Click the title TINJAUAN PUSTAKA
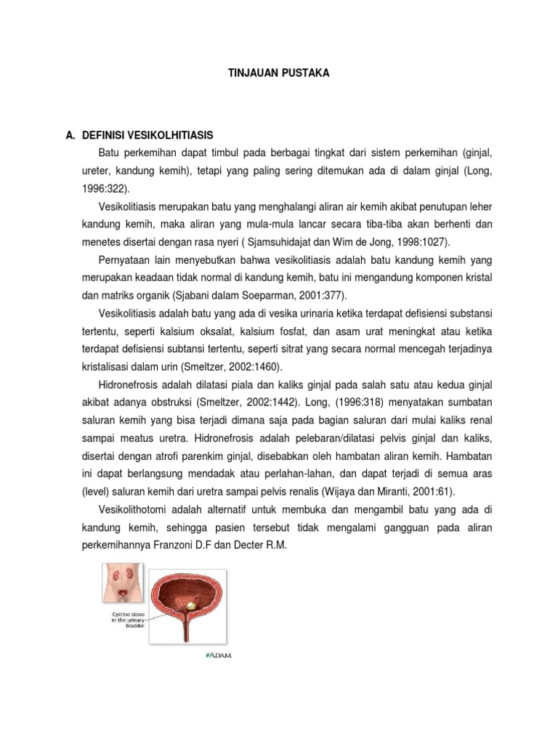[278, 73]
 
